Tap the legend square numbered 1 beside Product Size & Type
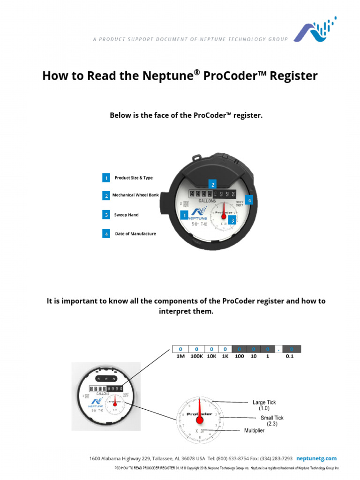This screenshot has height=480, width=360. click(x=106, y=178)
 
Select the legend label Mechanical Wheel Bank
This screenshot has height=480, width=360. click(x=135, y=195)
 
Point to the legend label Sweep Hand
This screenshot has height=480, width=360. click(x=126, y=215)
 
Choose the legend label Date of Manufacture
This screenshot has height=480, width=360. click(x=135, y=233)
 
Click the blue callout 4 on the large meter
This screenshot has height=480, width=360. click(x=249, y=200)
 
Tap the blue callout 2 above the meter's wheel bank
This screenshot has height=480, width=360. click(x=212, y=184)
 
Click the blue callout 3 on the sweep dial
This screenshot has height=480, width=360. click(x=232, y=219)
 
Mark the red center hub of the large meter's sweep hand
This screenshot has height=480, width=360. click(x=223, y=216)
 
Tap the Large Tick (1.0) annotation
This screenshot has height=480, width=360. click(x=265, y=405)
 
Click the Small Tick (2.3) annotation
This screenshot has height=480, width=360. click(x=272, y=420)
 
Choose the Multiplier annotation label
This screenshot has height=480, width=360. click(x=254, y=430)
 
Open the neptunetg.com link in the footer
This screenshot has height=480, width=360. click(x=317, y=458)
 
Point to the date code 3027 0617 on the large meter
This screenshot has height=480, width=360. click(x=239, y=204)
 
